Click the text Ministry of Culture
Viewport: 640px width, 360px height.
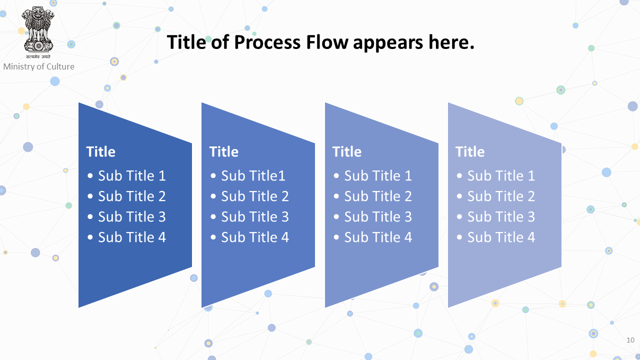39,66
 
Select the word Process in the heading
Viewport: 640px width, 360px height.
267,42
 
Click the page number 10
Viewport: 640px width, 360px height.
630,340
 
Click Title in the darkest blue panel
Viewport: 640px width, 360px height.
101,151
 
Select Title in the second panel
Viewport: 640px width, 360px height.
224,151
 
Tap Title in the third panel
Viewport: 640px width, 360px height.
347,151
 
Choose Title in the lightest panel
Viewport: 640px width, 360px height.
470,151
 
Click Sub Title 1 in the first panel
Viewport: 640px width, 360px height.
132,175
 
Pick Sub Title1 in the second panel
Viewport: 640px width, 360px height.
253,175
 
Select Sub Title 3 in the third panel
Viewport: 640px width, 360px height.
378,216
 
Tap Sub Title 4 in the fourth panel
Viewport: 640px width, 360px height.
501,237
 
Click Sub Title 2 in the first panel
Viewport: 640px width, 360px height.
132,196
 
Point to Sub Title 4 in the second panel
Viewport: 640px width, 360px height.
255,237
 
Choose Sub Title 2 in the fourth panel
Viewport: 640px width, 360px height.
501,196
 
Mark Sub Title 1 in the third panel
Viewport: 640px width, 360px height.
378,175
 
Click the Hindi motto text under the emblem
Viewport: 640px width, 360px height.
38,56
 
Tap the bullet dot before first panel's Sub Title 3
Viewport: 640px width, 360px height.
90,217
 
